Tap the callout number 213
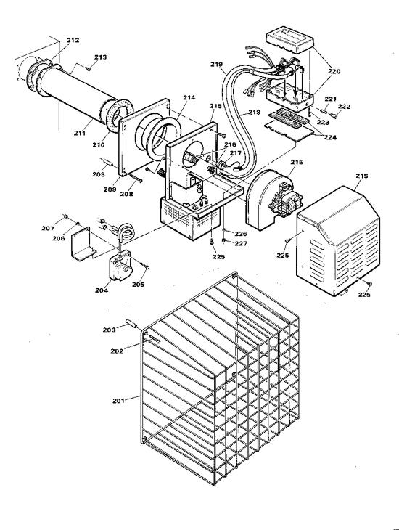pyautogui.click(x=101, y=57)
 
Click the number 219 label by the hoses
pyautogui.click(x=216, y=65)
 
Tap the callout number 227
pyautogui.click(x=240, y=243)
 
